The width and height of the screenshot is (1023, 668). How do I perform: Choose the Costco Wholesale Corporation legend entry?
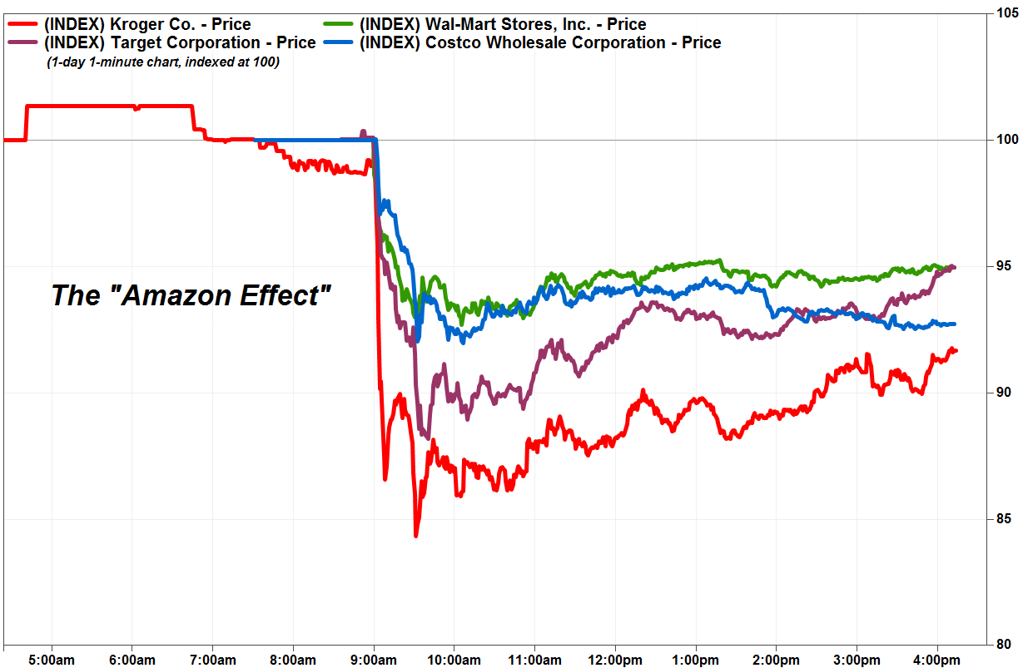540,42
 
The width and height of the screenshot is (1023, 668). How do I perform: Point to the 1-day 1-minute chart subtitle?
162,62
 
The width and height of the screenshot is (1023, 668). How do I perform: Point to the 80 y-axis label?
1006,644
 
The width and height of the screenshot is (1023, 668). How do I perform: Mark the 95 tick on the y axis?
1006,266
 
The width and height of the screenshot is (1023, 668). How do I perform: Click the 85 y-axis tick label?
1006,519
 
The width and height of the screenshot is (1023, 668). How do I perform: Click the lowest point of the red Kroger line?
415,536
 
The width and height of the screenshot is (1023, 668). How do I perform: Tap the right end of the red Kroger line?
956,350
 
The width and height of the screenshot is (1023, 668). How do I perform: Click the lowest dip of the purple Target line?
426,437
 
